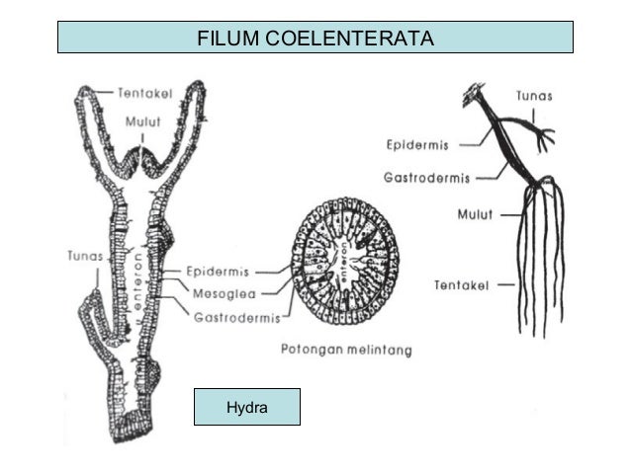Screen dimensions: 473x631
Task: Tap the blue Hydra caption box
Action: point(246,406)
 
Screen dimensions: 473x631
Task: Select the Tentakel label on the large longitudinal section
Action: point(145,93)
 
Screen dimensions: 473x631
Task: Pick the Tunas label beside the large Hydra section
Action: point(86,255)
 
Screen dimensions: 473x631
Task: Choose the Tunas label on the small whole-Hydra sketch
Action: point(534,97)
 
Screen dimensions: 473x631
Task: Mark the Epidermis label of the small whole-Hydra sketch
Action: point(417,144)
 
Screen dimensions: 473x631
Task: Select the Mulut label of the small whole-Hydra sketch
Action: point(475,211)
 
